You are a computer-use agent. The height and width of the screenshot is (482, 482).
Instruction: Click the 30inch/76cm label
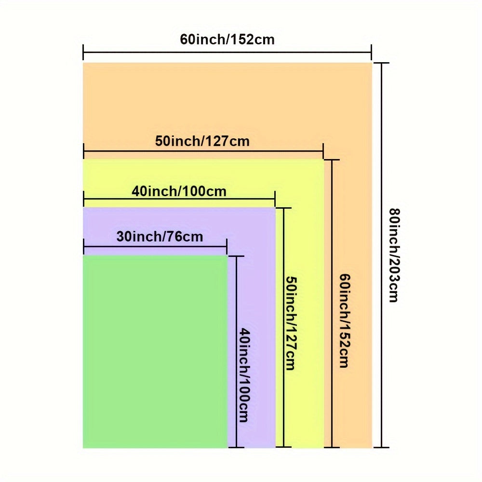160,237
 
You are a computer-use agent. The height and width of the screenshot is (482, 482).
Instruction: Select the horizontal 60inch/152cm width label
227,39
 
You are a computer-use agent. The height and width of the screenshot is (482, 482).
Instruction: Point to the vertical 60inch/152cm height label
344,321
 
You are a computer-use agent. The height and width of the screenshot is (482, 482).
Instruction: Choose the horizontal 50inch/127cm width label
202,141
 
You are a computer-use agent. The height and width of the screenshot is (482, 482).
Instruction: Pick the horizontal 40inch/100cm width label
179,191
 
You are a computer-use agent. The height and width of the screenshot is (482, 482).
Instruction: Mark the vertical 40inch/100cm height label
244,375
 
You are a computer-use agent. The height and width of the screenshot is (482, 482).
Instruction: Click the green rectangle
154,352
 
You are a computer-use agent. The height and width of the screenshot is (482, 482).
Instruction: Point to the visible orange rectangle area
227,101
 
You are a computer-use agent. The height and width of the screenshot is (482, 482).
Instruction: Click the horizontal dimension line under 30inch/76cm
154,246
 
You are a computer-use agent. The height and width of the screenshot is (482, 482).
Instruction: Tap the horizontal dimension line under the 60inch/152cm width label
227,52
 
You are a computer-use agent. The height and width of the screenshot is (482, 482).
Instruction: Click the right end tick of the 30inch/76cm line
227,247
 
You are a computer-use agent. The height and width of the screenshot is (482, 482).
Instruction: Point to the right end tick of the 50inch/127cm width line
323,151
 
